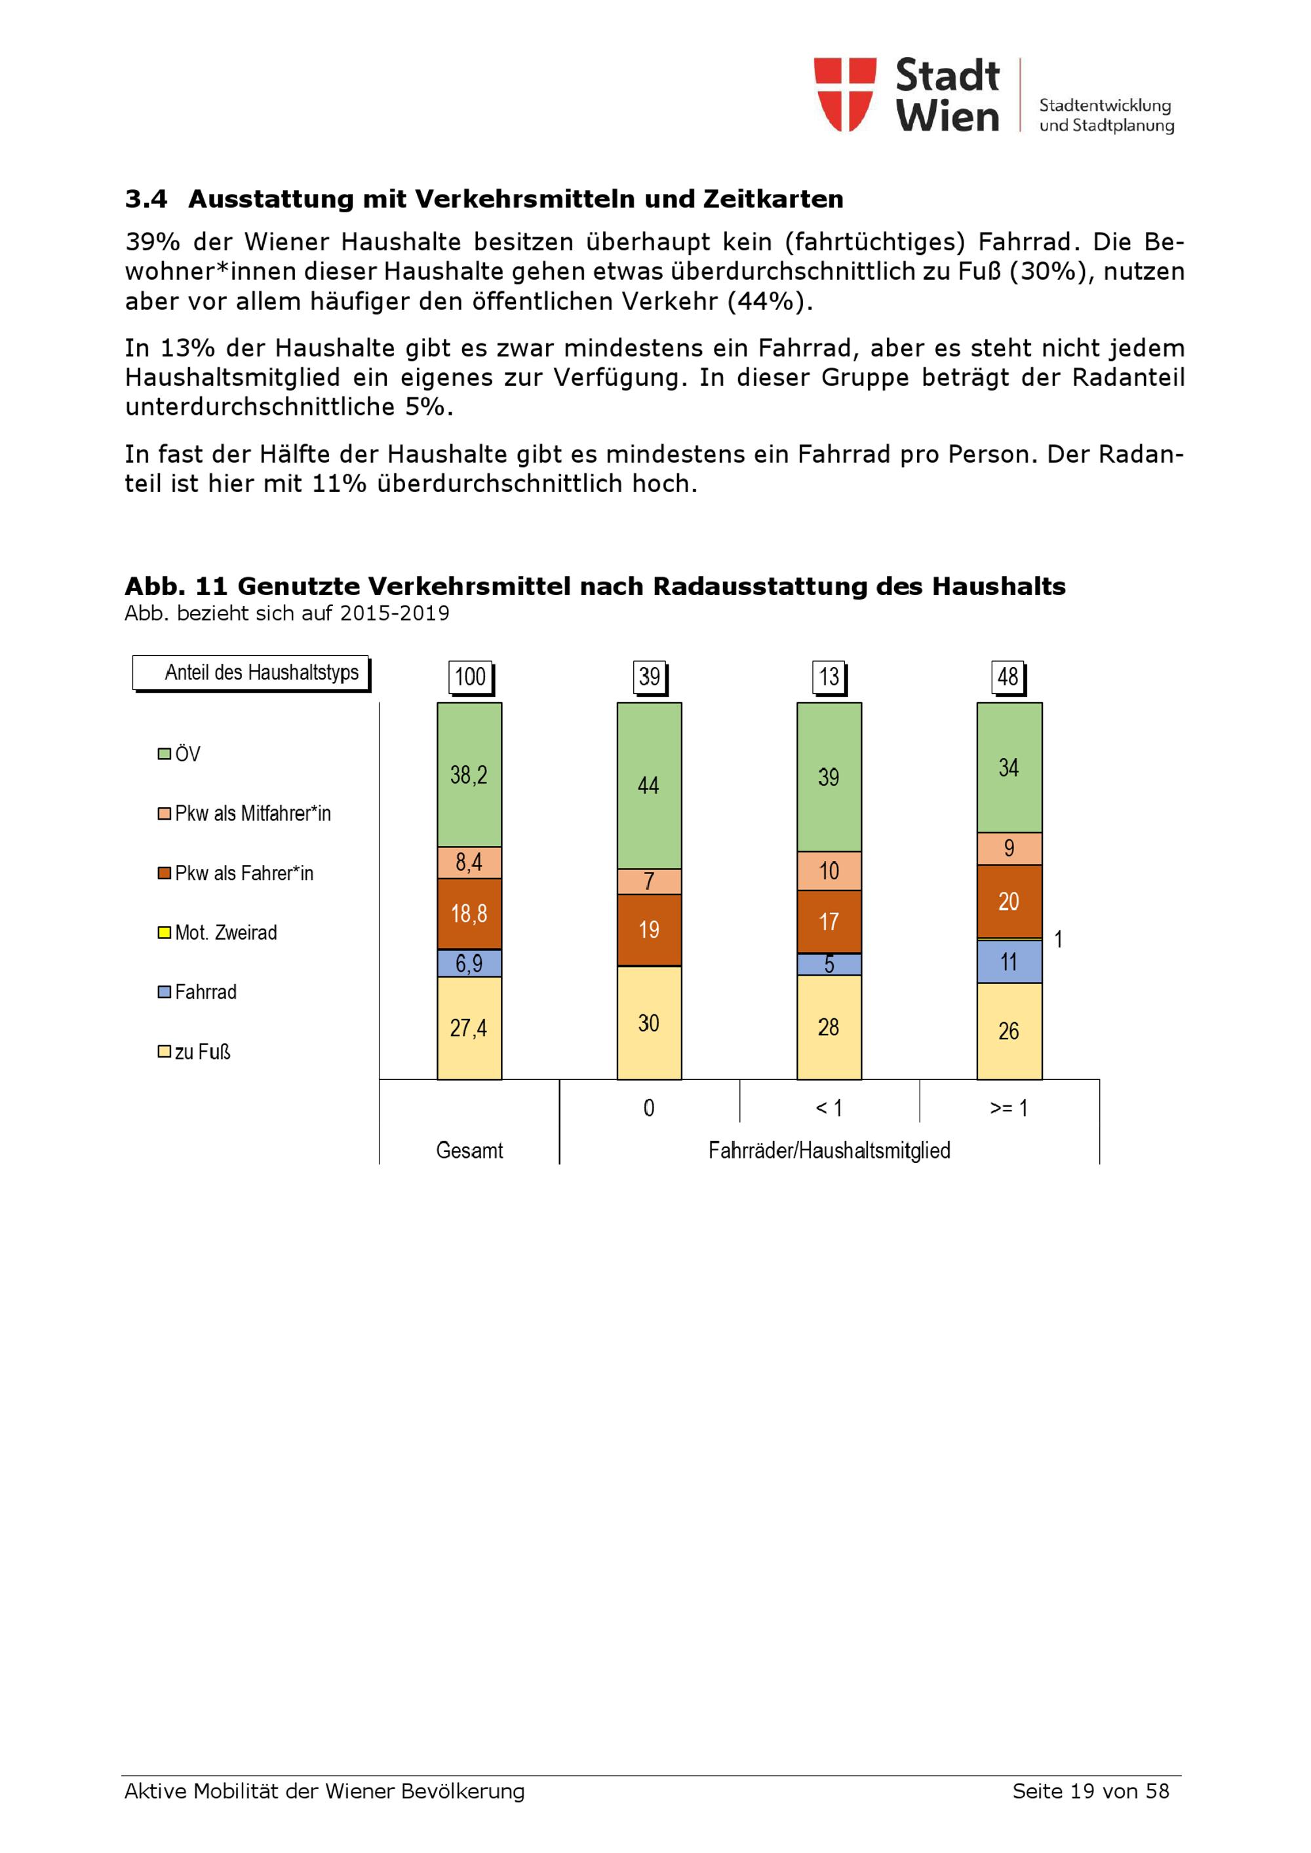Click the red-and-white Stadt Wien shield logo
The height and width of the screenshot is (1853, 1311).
(x=844, y=94)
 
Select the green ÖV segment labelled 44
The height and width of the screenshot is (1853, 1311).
(x=649, y=785)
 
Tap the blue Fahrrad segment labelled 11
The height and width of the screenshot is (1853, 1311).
(x=1009, y=961)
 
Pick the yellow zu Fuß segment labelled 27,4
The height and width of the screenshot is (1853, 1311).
(x=469, y=1028)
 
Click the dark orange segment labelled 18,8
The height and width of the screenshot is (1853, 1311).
(x=469, y=913)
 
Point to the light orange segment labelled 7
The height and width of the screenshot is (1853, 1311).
(x=649, y=881)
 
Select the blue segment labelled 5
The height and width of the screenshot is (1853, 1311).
(x=829, y=965)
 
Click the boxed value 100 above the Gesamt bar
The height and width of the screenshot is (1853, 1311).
(x=470, y=676)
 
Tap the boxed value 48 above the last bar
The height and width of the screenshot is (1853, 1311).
(x=1008, y=676)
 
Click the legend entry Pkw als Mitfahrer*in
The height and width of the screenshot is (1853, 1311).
(x=244, y=814)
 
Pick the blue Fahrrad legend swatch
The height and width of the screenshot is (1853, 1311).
(x=164, y=992)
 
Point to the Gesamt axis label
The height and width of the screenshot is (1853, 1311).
(x=469, y=1150)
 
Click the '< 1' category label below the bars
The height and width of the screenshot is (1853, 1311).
(x=829, y=1108)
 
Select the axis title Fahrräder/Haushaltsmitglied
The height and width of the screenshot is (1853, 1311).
(x=829, y=1150)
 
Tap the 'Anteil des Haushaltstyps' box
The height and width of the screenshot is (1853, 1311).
(x=251, y=673)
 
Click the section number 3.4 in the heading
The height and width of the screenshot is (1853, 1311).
(x=146, y=199)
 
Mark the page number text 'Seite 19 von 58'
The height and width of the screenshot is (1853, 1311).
(x=1091, y=1791)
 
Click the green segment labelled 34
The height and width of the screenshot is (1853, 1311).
(x=1009, y=767)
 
